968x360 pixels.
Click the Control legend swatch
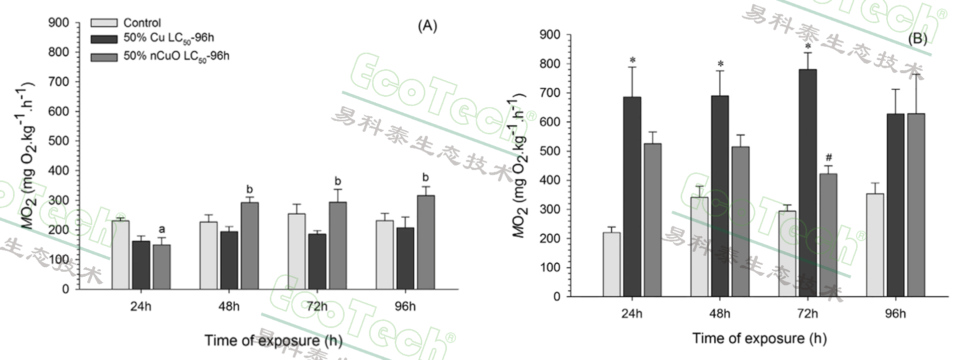(104, 23)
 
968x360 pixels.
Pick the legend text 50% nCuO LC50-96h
(176, 56)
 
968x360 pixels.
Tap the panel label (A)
(427, 26)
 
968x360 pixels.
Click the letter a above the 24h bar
(162, 229)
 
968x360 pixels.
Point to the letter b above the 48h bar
(250, 189)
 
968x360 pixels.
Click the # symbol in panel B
(829, 158)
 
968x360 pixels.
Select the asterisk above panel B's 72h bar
(808, 46)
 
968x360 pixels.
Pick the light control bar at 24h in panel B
(612, 264)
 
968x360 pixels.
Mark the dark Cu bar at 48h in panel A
(229, 260)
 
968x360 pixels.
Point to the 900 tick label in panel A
(59, 23)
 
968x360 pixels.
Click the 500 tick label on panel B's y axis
(550, 151)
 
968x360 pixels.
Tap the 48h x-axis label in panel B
(719, 314)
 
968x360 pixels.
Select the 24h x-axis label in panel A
(140, 306)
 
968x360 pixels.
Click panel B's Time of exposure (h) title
(759, 338)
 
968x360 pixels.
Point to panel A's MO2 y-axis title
(28, 155)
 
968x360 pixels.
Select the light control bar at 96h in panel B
(875, 245)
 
